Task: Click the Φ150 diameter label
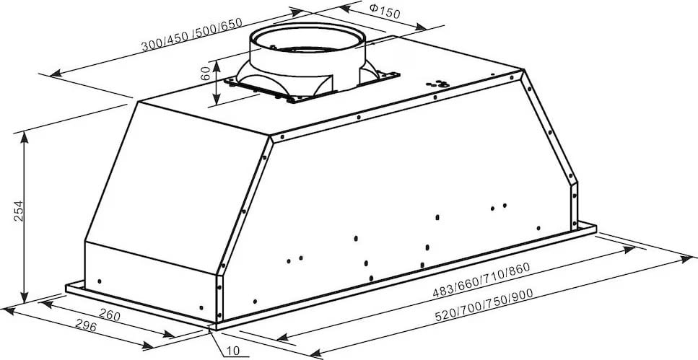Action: coord(385,11)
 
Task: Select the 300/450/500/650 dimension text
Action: coord(191,35)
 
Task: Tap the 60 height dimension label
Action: coord(205,74)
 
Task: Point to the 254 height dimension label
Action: coord(18,211)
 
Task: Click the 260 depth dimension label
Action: coord(108,314)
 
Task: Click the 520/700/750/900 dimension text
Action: coord(484,305)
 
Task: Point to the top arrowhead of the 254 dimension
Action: coord(24,138)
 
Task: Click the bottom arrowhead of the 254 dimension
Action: coord(24,298)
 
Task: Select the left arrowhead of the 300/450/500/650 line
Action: coord(56,74)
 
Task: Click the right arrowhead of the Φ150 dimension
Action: coord(420,27)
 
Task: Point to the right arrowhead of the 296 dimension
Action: coord(148,345)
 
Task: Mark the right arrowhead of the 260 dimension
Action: coord(169,334)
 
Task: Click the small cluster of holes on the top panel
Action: coord(437,83)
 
